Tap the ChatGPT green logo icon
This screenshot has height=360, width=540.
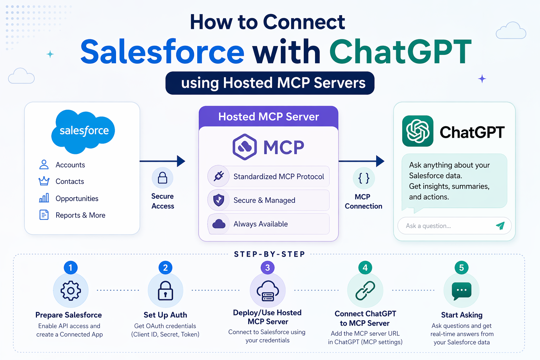coord(418,131)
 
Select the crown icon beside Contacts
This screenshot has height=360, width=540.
coord(44,181)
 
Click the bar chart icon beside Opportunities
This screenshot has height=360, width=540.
coord(44,198)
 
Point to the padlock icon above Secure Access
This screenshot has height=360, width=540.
coord(162,178)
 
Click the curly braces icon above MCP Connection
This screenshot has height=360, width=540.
coord(364,178)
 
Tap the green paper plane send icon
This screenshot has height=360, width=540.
coord(500,226)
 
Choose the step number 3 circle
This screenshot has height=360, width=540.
coord(268,268)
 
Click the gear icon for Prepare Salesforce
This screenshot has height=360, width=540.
coord(71,290)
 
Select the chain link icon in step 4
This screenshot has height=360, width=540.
coord(365,290)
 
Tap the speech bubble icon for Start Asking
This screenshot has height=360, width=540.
coord(461,291)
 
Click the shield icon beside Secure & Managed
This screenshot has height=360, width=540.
coord(219,200)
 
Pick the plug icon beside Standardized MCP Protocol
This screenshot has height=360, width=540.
coord(219,176)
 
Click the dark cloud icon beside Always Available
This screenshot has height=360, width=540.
coord(219,224)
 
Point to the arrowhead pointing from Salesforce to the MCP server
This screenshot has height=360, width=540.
coord(181,161)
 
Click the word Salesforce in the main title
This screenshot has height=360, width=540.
coord(162,52)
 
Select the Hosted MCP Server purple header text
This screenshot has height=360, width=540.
coord(269,117)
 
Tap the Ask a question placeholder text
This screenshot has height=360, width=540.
coord(428,226)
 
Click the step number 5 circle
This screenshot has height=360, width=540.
coord(461,268)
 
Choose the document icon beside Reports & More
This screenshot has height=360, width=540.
coord(44,214)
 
